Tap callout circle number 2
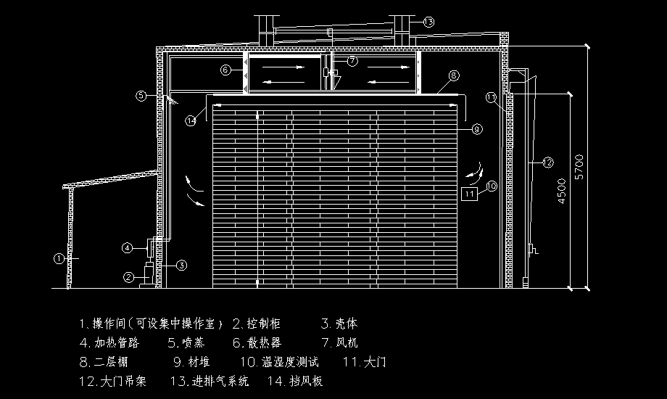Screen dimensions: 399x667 128,276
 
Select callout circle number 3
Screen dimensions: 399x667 182,265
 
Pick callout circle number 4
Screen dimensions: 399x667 126,248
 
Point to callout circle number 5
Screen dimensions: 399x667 141,95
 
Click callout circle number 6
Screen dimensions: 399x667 225,70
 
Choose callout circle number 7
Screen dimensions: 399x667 352,61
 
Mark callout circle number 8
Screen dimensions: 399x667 453,75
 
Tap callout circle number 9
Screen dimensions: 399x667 476,129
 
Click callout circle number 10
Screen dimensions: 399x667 491,186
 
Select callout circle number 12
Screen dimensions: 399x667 547,163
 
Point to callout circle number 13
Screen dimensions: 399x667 428,22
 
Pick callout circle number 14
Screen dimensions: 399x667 191,120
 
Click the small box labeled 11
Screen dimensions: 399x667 470,194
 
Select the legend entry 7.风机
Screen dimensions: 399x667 338,342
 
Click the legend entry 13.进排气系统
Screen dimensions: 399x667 210,381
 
